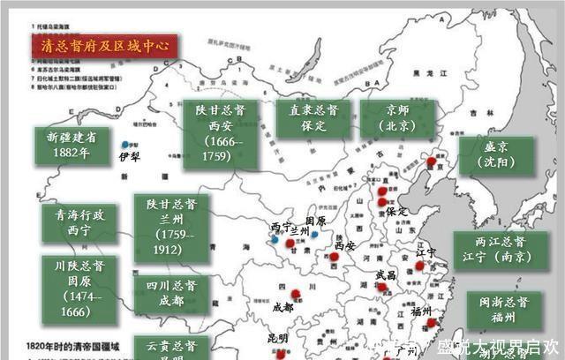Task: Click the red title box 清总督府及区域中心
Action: [x=104, y=46]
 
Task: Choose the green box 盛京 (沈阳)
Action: [x=496, y=157]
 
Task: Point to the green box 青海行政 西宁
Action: [x=78, y=222]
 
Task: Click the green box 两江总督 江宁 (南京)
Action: [x=500, y=249]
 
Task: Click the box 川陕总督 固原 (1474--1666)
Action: [x=78, y=288]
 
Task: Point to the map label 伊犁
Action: [x=130, y=156]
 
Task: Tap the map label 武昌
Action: [x=386, y=274]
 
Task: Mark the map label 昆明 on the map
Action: [x=278, y=338]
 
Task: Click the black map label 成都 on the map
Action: [x=282, y=308]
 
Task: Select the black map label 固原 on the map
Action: [x=315, y=221]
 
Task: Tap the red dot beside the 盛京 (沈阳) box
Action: [x=431, y=162]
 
